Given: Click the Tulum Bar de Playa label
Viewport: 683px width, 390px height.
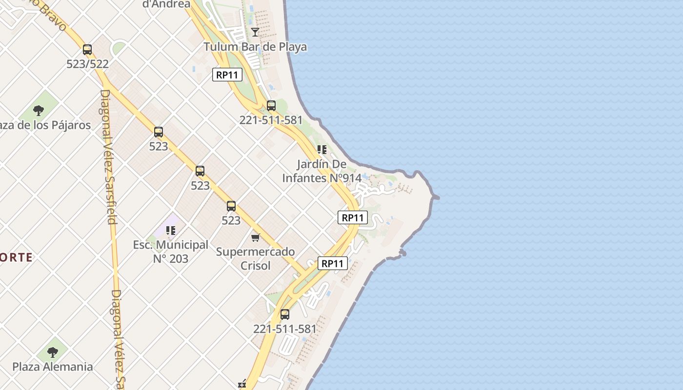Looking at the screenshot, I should [255, 47].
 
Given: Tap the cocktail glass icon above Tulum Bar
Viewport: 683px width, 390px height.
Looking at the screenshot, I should [255, 32].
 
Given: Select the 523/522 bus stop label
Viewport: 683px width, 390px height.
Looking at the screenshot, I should [87, 64].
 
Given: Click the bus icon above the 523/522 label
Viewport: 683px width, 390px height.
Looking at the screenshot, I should [87, 49].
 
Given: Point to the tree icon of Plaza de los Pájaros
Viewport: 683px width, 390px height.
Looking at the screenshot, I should [39, 110].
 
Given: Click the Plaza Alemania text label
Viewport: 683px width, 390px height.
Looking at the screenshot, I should [52, 367].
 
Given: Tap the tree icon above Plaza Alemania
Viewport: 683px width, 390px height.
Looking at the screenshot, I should [52, 351].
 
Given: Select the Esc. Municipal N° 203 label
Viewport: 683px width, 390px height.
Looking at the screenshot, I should [171, 251].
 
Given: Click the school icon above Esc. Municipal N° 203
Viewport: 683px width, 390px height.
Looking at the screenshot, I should [170, 230].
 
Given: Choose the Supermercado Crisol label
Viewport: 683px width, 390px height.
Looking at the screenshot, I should [255, 258].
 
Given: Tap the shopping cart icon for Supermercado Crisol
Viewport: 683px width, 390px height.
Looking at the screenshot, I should [255, 237].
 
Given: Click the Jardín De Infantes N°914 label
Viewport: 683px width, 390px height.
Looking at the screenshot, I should [321, 171].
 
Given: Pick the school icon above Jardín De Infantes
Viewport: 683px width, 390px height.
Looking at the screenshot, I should [321, 149].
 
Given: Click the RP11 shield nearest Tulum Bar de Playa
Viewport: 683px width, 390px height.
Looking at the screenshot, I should [227, 75].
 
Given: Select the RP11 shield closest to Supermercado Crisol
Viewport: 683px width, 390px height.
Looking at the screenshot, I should [333, 263].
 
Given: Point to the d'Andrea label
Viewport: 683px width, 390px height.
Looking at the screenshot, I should [166, 4].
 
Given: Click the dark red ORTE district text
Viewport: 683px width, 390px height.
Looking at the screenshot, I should [16, 257].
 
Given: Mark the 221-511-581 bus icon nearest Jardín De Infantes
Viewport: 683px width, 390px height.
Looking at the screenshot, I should [271, 105].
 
